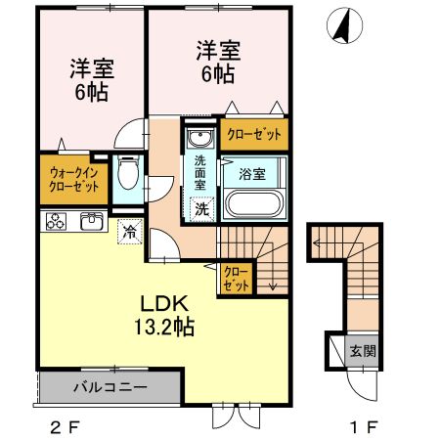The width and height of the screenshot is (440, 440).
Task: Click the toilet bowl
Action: pyautogui.click(x=126, y=177)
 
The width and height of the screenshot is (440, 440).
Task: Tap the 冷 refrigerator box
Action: pyautogui.click(x=130, y=232)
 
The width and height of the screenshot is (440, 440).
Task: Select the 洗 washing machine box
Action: pyautogui.click(x=200, y=208)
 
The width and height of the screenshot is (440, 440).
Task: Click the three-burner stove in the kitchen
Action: pyautogui.click(x=54, y=221)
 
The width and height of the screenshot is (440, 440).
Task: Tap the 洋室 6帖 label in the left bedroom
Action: pyautogui.click(x=90, y=80)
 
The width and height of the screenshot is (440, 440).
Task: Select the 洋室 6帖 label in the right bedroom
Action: pyautogui.click(x=217, y=61)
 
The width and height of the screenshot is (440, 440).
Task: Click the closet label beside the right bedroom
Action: pyautogui.click(x=254, y=135)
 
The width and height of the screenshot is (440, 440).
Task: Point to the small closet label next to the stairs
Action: pyautogui.click(x=235, y=279)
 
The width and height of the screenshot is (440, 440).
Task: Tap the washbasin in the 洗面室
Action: pyautogui.click(x=199, y=136)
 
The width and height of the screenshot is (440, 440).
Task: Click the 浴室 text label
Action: pyautogui.click(x=253, y=173)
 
